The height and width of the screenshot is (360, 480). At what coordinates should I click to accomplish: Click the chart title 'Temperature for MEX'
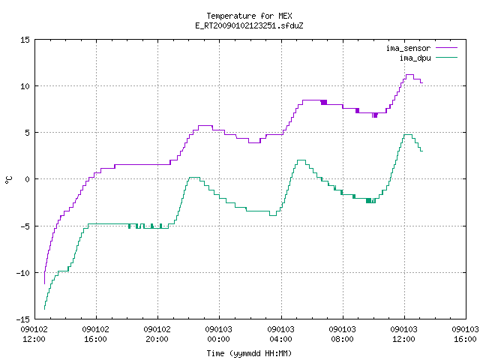click(x=249, y=16)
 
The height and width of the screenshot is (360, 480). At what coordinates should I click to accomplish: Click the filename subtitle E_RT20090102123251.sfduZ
click(x=249, y=25)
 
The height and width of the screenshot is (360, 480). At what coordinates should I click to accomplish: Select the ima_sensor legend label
click(x=408, y=48)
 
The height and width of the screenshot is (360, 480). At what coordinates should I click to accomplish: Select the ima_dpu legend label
click(x=415, y=58)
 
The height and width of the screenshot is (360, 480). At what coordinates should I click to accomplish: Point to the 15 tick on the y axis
click(x=25, y=40)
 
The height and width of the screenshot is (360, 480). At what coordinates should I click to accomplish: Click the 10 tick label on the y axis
click(x=25, y=86)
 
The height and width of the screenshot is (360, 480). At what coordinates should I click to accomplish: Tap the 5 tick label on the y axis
click(x=27, y=133)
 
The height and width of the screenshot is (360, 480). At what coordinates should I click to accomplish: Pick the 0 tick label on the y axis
click(x=27, y=179)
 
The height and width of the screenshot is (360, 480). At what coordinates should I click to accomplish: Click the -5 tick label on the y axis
click(x=25, y=226)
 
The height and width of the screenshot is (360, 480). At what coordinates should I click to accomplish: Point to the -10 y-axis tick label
click(x=23, y=273)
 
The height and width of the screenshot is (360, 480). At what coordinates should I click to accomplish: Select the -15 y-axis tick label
click(x=23, y=319)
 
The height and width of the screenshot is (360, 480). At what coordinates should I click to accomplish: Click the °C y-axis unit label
click(x=8, y=180)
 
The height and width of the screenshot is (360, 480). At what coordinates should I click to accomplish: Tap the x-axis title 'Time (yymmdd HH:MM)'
click(x=249, y=353)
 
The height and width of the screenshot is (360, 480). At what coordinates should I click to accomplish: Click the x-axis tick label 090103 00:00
click(x=218, y=334)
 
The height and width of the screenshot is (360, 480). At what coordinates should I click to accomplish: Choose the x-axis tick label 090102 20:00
click(x=157, y=334)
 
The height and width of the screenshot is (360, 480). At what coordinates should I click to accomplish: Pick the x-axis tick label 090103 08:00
click(x=342, y=334)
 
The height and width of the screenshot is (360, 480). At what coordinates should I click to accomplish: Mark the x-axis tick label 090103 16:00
click(x=465, y=334)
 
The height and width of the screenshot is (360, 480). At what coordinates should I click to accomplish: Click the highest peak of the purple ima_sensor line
click(x=409, y=75)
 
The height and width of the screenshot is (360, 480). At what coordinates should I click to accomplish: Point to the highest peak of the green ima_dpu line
click(x=408, y=135)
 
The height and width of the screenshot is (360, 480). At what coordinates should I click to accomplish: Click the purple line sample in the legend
click(x=447, y=48)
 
